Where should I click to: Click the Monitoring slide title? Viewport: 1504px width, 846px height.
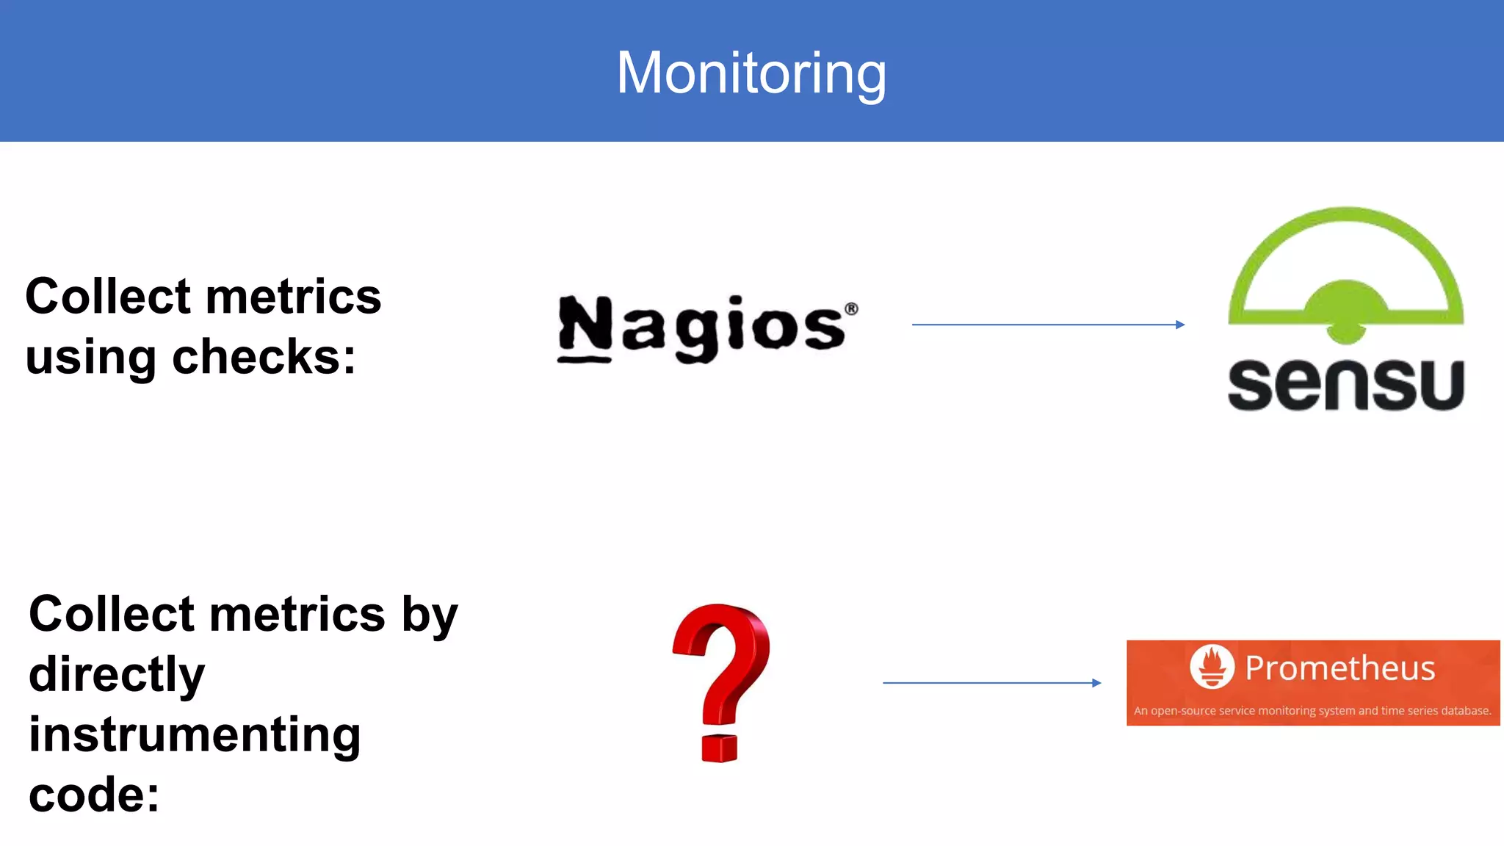pos(751,73)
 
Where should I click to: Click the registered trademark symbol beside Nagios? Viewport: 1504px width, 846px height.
pos(851,309)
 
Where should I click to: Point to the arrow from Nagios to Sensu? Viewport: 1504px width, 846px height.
pos(1043,325)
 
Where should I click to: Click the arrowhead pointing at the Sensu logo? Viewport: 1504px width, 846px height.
pos(1179,325)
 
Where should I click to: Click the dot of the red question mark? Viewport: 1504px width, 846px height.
pos(719,748)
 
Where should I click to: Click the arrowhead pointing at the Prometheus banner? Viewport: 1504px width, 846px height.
pos(1096,683)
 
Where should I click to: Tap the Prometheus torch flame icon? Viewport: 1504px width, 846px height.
pos(1212,667)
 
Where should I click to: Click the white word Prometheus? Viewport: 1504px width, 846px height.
pos(1339,668)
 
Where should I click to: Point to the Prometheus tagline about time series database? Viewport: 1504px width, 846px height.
pos(1312,711)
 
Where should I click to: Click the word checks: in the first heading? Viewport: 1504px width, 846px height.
pos(264,357)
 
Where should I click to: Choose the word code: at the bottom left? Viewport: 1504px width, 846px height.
pos(94,795)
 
